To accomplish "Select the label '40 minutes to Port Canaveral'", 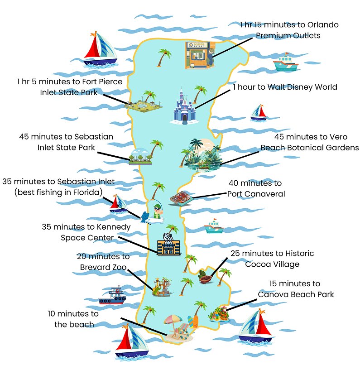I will click(x=256, y=188).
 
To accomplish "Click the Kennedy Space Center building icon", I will click(x=167, y=245).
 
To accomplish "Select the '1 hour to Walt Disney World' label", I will click(x=285, y=87).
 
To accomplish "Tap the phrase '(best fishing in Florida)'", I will click(x=58, y=192).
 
